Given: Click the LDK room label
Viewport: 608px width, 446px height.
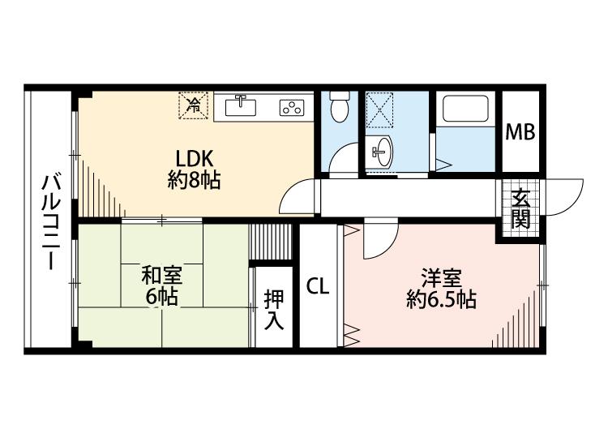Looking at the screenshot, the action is coord(195,159).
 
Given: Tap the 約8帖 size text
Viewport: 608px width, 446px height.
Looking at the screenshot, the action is coord(194,180).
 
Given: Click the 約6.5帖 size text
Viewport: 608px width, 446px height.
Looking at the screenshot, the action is coord(441,299).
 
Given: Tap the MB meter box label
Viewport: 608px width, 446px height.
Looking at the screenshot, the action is coord(520,132).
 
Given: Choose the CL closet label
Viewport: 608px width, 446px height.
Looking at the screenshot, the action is coord(318,286).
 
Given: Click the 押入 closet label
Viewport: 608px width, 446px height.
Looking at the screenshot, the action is coord(274,310).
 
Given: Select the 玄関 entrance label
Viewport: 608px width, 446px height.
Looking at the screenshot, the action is coord(520,209).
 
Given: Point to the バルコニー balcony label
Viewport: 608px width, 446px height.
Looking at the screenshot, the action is coord(51,223).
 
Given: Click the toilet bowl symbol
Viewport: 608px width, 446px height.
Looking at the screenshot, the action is coord(340,107).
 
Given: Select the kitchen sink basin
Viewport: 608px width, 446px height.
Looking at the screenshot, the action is coord(241,107).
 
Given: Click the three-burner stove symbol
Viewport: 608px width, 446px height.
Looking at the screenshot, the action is coord(292,107).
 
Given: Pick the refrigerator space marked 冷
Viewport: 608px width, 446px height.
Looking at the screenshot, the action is coord(194,105).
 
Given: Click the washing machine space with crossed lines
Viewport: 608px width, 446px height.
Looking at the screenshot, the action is coord(379,109).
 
